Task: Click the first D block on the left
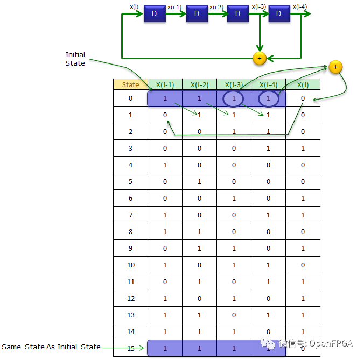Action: click(155, 14)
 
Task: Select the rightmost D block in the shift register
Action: click(278, 14)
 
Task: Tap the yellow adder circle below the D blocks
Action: click(260, 58)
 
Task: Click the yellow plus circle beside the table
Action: click(335, 67)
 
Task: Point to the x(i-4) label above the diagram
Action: click(300, 6)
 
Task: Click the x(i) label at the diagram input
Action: click(134, 6)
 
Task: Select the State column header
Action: click(130, 84)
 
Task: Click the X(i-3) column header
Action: click(234, 84)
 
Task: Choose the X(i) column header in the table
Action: click(303, 84)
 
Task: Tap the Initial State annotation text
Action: click(75, 59)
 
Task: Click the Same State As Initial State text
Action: click(51, 347)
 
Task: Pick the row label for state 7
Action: click(130, 215)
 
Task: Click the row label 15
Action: click(130, 349)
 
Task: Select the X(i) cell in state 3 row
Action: click(303, 149)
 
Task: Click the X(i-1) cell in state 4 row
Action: click(165, 165)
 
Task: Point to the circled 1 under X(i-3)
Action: click(234, 98)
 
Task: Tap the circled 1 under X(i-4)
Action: click(268, 98)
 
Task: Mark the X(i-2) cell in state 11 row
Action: click(199, 282)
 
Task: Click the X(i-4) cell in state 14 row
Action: click(268, 332)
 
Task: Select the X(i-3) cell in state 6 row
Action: click(234, 199)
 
